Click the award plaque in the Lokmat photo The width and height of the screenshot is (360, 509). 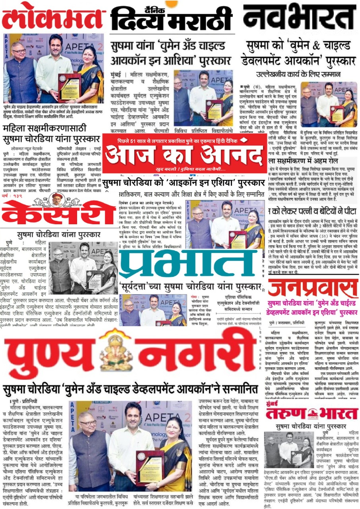click(x=69, y=86)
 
